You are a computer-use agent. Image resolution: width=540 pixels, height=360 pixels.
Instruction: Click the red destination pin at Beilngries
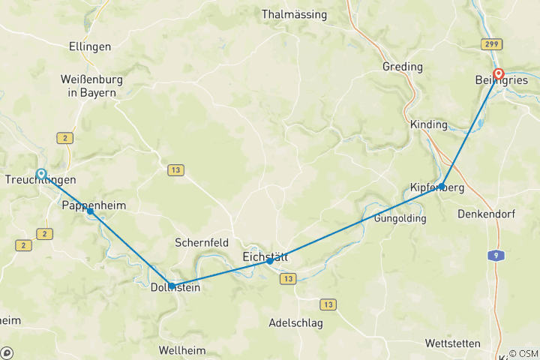tap(498, 74)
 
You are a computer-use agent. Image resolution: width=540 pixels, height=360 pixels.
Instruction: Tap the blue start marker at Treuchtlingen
tap(41, 173)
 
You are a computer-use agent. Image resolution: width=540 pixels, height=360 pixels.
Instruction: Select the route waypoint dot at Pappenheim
tap(90, 211)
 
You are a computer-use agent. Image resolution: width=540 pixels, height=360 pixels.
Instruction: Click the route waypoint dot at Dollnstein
tap(172, 286)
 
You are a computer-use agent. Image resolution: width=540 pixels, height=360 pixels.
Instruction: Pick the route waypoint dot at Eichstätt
tap(270, 261)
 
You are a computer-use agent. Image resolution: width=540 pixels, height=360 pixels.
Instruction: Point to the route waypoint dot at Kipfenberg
tap(442, 186)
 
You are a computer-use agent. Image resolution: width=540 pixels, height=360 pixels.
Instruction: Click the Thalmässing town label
tap(295, 13)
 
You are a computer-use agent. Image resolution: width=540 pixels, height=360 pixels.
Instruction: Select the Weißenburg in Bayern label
tap(92, 85)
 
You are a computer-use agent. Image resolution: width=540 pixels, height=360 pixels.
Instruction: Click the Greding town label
tap(403, 67)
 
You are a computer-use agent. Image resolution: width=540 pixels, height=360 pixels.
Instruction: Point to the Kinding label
tap(429, 124)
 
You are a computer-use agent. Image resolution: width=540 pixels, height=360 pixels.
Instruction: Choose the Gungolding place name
tap(400, 218)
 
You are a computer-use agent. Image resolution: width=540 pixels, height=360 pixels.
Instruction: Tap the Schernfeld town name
tap(201, 242)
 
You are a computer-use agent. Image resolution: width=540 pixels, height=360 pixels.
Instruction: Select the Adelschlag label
tap(295, 323)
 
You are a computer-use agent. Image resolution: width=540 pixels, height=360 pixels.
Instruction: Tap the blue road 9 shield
tap(496, 256)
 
